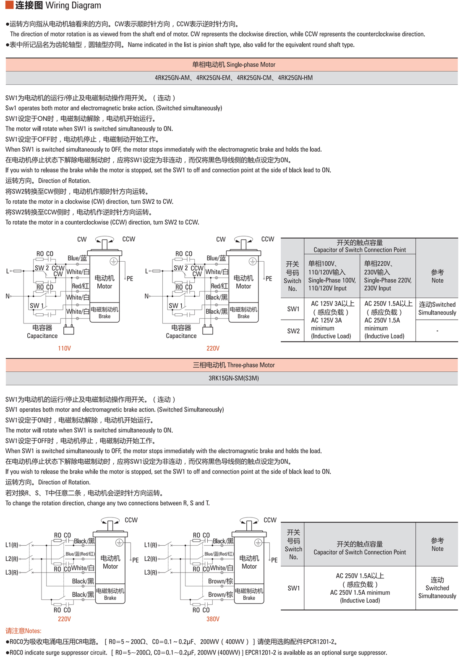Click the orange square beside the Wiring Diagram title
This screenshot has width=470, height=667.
(9, 5)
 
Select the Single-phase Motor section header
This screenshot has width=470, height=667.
(233, 65)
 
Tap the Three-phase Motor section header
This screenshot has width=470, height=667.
(233, 365)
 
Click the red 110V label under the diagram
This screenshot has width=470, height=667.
(64, 348)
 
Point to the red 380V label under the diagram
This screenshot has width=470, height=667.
(213, 619)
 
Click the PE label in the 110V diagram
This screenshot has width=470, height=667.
(130, 278)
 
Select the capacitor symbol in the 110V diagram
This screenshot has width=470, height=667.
(69, 330)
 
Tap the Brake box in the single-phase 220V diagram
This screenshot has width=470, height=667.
(243, 312)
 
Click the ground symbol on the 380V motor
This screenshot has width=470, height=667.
(258, 543)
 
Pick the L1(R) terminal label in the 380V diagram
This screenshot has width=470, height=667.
(151, 545)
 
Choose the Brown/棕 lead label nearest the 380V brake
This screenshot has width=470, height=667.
(220, 595)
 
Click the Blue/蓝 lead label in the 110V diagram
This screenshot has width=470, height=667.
(77, 258)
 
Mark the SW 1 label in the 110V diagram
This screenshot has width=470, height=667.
(37, 306)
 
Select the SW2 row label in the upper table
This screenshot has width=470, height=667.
(293, 331)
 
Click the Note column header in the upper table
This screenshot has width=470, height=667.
(437, 276)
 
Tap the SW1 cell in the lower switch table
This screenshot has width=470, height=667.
(294, 588)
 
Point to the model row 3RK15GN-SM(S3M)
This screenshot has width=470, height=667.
(233, 378)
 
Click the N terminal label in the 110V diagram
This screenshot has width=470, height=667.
(8, 296)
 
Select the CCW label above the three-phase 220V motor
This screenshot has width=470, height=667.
(131, 520)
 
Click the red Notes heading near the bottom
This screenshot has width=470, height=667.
(23, 631)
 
